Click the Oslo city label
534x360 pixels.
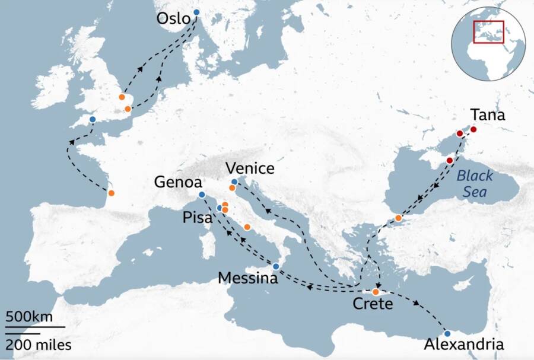pos(173,19)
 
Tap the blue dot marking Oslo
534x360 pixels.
pos(197,12)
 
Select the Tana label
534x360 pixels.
pos(487,115)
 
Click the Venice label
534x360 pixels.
pos(249,168)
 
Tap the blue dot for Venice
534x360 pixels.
pos(234,181)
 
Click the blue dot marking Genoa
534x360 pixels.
pos(202,195)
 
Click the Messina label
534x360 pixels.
pos(248,278)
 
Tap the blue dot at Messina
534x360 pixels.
pos(276,266)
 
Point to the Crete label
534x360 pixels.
pos(373,305)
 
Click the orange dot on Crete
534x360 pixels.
pos(376,292)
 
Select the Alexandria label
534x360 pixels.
pos(465,345)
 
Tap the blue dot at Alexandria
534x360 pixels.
pos(447,333)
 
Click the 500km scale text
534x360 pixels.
pos(29,316)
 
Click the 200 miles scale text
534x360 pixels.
pos(39,344)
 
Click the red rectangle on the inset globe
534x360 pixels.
pos(488,31)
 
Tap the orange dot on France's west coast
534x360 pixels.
pos(111,193)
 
